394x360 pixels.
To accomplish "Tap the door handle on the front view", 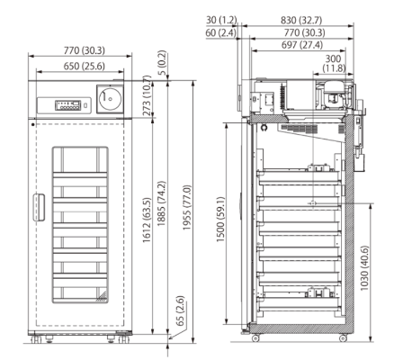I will [x=37, y=205].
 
